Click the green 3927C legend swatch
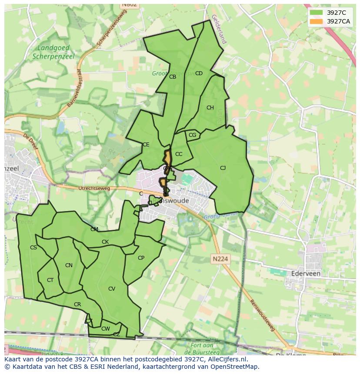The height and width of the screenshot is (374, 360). point(317,13)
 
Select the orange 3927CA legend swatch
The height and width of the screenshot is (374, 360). point(317,21)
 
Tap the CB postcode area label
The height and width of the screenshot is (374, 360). point(173,77)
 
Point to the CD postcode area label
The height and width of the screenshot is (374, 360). point(199,73)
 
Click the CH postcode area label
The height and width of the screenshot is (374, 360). point(210,108)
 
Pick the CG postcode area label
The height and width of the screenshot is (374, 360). point(193,135)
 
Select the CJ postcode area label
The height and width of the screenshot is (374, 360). point(223,168)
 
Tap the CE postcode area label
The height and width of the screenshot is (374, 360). point(146,145)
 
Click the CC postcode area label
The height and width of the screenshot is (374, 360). point(179,154)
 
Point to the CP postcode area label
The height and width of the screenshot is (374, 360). point(141,258)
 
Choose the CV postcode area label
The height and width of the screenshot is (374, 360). point(112,289)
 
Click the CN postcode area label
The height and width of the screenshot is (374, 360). point(69,265)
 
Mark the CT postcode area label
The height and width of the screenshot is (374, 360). point(50,280)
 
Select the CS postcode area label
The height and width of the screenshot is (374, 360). point(33,248)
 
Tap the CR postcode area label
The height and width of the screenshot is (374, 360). point(77,304)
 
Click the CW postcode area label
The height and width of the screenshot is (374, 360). point(105,329)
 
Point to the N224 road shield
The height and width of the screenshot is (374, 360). point(221,259)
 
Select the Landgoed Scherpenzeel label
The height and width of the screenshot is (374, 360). point(53,52)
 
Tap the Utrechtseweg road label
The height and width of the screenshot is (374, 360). point(94,188)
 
